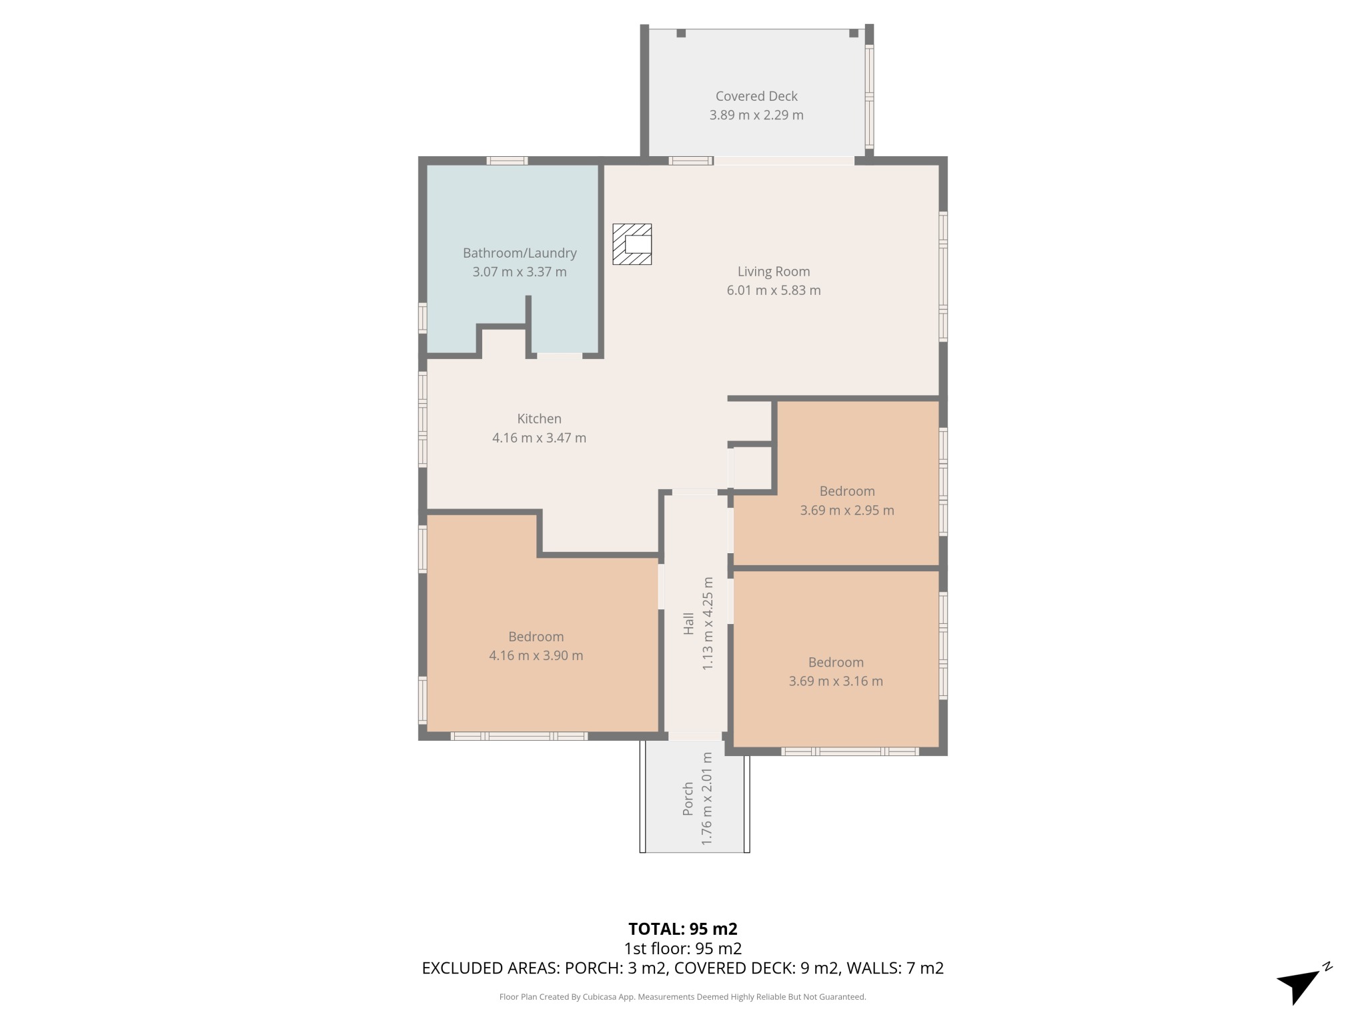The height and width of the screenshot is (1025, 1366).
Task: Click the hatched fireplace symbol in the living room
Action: [x=632, y=244]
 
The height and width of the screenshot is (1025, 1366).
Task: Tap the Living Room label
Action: [x=774, y=272]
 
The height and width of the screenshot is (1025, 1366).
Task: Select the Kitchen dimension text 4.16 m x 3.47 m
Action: [x=539, y=438]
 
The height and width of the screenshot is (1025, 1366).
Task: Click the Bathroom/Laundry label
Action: [x=520, y=253]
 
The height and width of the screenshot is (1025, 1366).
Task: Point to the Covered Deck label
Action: [x=756, y=96]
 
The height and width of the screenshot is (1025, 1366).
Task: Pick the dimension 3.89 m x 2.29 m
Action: [x=756, y=115]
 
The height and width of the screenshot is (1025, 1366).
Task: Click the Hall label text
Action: [x=689, y=623]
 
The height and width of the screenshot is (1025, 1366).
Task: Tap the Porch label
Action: [x=688, y=799]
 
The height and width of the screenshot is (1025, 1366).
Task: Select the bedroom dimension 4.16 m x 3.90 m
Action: [x=536, y=655]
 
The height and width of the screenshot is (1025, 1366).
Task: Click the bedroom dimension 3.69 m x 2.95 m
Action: [x=847, y=510]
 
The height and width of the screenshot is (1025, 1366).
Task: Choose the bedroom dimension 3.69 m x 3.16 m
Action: [x=836, y=681]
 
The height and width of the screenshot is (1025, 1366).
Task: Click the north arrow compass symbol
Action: [x=1301, y=984]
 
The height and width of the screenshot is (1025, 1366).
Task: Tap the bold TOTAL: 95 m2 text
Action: [x=683, y=929]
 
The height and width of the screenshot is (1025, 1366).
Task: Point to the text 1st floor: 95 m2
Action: [x=683, y=948]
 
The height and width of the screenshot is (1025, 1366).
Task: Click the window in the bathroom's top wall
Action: [x=507, y=160]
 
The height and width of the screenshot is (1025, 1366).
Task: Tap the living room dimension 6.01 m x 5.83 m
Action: [x=774, y=290]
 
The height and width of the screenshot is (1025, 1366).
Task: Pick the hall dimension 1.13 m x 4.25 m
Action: [x=708, y=623]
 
